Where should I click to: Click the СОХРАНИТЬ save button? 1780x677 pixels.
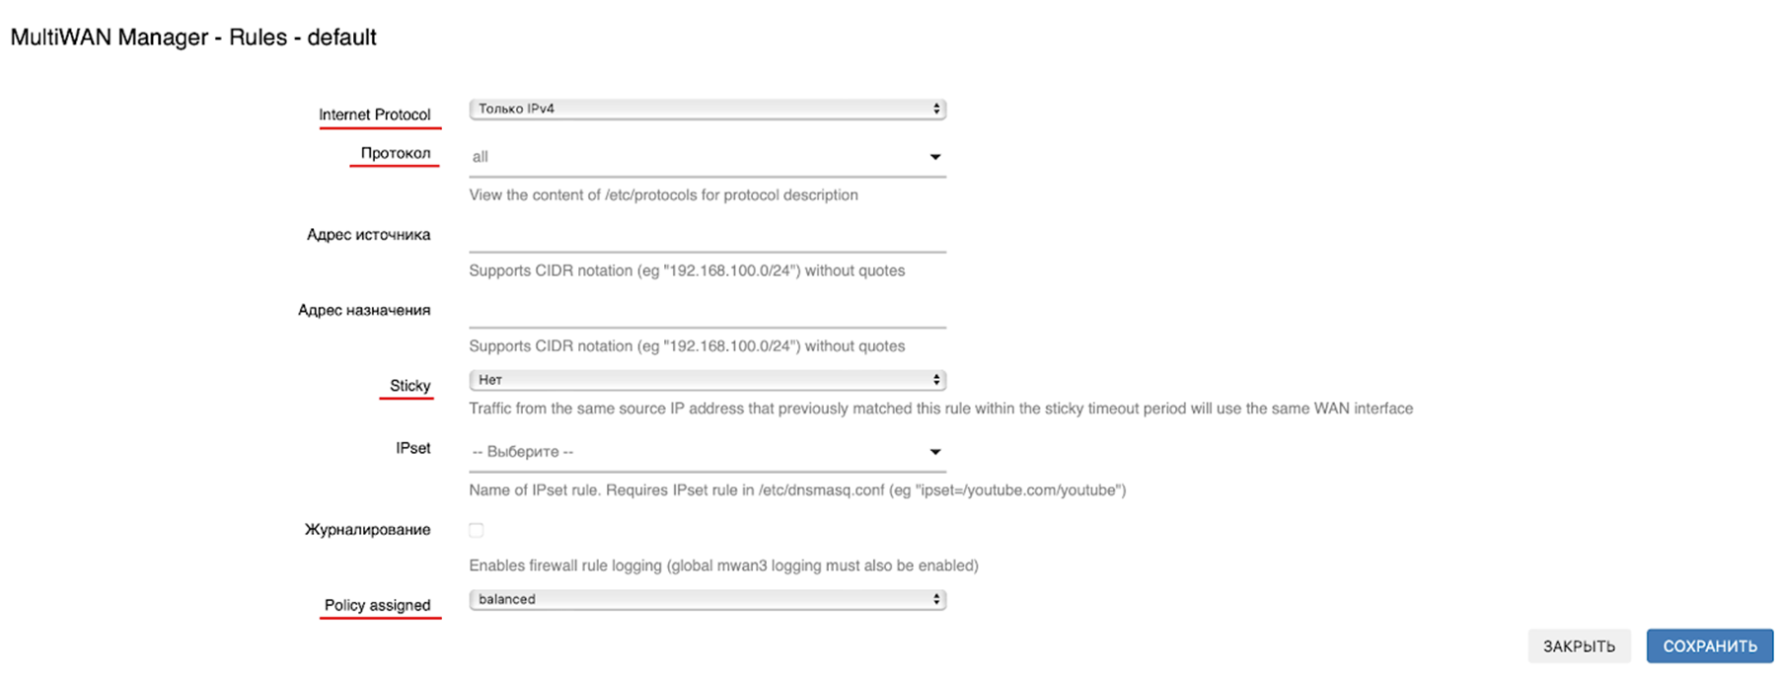[x=1709, y=646]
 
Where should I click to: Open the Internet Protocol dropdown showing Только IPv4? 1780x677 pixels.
[x=706, y=109]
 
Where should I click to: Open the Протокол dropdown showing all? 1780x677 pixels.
[x=706, y=157]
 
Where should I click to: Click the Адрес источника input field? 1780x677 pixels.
[x=706, y=236]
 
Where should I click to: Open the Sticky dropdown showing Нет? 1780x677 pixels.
[x=706, y=380]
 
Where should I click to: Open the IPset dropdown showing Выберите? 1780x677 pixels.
[x=706, y=452]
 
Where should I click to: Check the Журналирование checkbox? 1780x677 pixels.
[x=477, y=530]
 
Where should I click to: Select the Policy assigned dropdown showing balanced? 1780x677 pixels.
[x=706, y=600]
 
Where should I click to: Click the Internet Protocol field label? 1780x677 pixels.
[x=374, y=114]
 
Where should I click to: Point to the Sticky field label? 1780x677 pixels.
[x=409, y=386]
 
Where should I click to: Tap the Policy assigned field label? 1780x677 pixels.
[x=377, y=605]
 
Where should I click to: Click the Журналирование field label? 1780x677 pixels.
[x=367, y=530]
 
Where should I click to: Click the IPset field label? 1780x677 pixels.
[x=412, y=449]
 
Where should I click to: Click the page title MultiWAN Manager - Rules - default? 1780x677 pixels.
[x=193, y=38]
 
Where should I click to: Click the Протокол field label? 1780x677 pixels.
[x=395, y=153]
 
